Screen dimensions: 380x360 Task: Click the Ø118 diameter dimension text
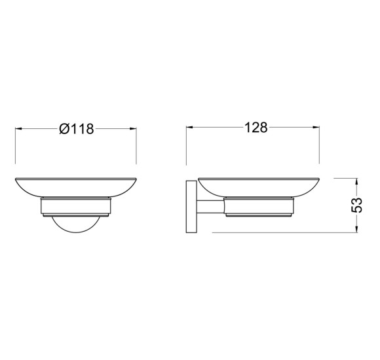click(x=77, y=128)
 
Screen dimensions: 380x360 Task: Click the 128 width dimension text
click(x=256, y=128)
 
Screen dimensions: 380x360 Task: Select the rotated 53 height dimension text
click(x=356, y=205)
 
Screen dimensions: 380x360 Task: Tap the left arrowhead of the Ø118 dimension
click(x=18, y=128)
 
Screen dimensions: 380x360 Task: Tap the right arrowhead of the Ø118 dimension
click(x=133, y=128)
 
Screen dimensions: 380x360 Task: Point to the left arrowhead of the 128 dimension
click(x=189, y=127)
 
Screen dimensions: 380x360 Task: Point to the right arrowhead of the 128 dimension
click(x=316, y=127)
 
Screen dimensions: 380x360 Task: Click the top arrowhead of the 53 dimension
click(x=356, y=181)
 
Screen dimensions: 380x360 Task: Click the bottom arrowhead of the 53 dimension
click(x=356, y=229)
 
